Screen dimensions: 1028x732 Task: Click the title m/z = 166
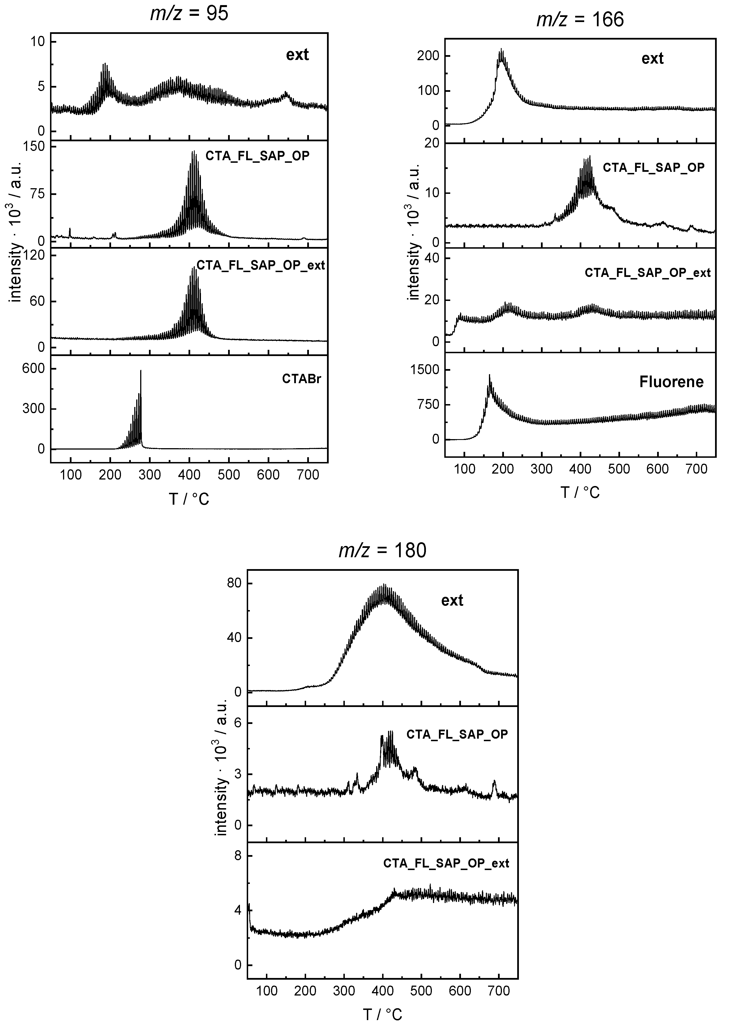580,20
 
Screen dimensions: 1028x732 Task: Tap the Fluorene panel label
671,382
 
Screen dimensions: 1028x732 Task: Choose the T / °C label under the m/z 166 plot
580,493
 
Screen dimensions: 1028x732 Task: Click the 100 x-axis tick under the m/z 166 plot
464,469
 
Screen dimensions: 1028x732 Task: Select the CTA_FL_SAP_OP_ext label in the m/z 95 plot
261,265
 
